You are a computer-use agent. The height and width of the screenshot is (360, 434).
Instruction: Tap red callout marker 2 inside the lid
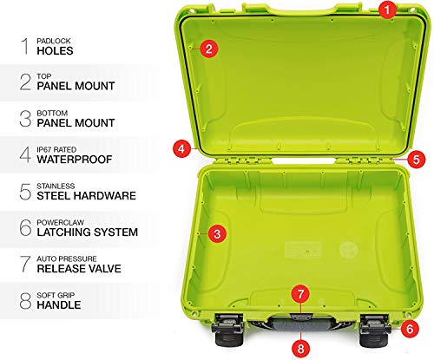207,49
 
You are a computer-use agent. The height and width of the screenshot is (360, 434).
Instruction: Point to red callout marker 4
181,148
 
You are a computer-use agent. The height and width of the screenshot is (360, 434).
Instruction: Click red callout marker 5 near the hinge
415,160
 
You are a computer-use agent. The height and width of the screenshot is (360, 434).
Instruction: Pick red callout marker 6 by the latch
408,329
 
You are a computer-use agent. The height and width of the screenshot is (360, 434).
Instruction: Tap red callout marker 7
300,294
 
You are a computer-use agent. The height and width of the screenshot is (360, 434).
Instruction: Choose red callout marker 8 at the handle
300,348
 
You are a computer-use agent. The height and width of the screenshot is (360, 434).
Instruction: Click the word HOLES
56,50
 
